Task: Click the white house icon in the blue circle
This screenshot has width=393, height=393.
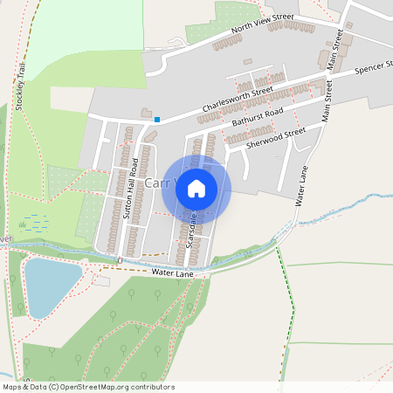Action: [x=196, y=188]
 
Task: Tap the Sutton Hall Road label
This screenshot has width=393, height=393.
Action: [x=132, y=188]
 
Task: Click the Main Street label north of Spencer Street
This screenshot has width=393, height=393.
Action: [x=334, y=48]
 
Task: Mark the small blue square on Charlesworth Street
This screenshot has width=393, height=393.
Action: [x=157, y=119]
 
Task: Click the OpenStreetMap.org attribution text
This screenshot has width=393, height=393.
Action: [x=122, y=386]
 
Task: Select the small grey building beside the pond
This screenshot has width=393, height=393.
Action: [x=101, y=281]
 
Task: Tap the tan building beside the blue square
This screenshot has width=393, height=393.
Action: [x=146, y=113]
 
